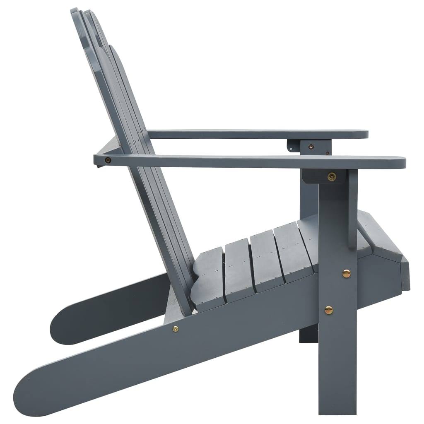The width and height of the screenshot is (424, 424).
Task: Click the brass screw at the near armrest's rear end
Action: point(108,160)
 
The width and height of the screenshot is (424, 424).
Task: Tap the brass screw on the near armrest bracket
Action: point(331,176)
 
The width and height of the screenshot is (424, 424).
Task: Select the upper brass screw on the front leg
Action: point(346,273)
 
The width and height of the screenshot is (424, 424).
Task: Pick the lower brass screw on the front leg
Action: point(328,310)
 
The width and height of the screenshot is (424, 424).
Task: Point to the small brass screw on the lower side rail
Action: point(176,329)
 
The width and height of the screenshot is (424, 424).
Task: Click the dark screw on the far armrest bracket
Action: point(311,146)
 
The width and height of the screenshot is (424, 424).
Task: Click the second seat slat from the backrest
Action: point(238,269)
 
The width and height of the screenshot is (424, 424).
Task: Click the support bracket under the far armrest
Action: point(310,145)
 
